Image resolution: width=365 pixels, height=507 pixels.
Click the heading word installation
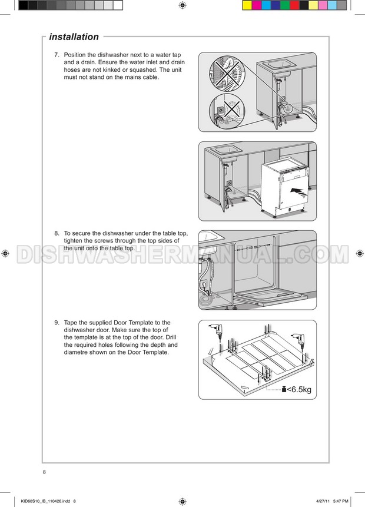click(x=74, y=37)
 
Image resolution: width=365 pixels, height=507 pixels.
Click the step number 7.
click(x=57, y=55)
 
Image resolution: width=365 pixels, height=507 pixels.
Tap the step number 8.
click(x=57, y=233)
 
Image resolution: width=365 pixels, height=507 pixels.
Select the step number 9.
click(x=57, y=322)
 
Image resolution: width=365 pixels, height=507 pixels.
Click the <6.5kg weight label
click(x=299, y=389)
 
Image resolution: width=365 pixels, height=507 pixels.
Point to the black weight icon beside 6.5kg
click(x=284, y=389)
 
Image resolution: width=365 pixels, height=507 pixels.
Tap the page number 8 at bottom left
click(x=44, y=472)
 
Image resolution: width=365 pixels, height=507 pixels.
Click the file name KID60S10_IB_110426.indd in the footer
click(x=45, y=501)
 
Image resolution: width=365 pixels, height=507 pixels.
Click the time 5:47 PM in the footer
click(x=340, y=501)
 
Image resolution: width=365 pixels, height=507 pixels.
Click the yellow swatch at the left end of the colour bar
click(x=247, y=5)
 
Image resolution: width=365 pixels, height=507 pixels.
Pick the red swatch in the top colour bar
click(x=294, y=5)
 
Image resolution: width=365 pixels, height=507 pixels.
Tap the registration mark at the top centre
click(x=182, y=5)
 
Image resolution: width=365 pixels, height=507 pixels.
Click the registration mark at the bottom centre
click(x=182, y=501)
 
